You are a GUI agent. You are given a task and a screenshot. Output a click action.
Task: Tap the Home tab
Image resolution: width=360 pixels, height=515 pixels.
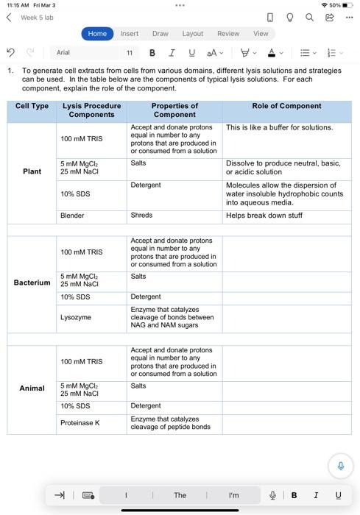coord(97,33)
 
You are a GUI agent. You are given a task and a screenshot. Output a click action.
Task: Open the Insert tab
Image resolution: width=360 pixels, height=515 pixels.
coord(130,33)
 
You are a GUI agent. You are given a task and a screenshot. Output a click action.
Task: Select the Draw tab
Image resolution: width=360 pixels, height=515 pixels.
coord(160,33)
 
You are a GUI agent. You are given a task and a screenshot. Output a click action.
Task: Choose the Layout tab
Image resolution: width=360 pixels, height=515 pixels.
coord(193,33)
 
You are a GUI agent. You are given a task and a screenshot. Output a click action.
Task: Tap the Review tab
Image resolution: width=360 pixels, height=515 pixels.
coord(228,33)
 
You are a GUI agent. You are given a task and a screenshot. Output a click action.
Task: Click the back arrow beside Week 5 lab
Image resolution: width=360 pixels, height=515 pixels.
coord(9,17)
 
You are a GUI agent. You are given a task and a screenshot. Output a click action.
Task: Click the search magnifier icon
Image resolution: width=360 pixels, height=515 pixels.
coord(309,17)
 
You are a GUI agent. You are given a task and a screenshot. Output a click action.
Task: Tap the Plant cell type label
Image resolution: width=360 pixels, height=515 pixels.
coord(32,171)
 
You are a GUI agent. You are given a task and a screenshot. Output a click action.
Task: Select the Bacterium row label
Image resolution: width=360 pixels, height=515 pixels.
coord(32,283)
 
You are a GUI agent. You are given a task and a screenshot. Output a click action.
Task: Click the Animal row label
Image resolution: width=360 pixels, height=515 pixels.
coord(32,388)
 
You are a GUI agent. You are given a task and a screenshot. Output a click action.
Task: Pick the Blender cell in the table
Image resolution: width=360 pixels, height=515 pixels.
coord(72,216)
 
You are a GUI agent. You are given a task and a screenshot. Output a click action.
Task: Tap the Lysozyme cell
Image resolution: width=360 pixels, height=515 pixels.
coord(76,317)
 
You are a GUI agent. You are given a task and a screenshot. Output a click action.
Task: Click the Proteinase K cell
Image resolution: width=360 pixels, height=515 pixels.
coord(80,423)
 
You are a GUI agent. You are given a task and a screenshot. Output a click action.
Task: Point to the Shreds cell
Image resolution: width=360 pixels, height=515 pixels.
coord(141,216)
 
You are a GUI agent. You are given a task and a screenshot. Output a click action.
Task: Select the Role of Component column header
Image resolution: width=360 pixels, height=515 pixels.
coord(286,106)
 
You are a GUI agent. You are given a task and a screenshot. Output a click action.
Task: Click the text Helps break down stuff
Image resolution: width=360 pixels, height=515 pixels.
coord(264,216)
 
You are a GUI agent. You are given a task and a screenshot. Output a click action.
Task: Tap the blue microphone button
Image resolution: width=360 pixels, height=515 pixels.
coord(340,466)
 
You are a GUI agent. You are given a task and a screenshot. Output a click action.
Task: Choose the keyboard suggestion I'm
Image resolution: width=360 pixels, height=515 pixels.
coord(233,495)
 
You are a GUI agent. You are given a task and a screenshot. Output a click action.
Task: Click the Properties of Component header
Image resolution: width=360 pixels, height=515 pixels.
coord(174,110)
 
